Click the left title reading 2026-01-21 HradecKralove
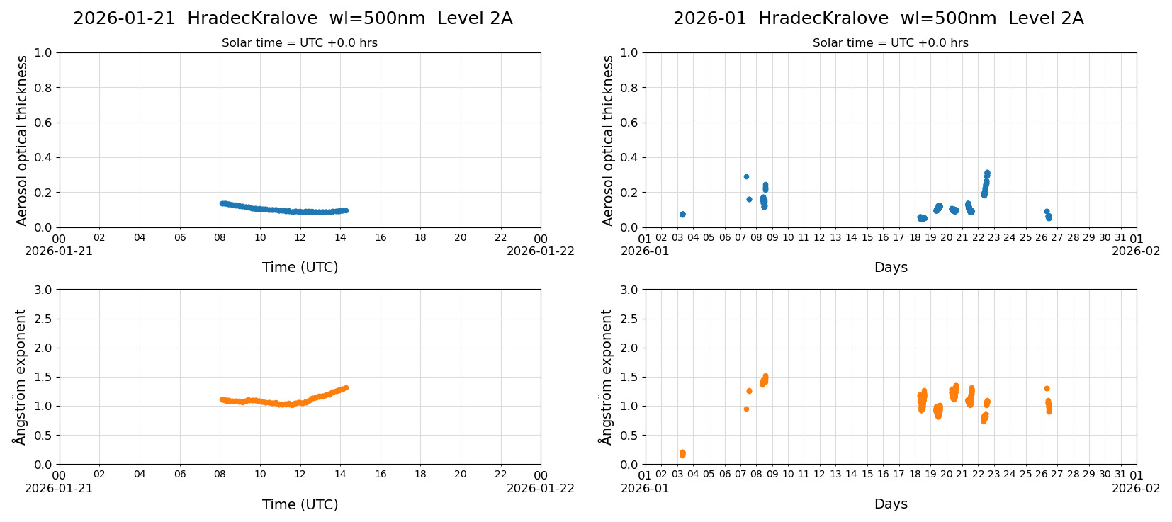click(292, 18)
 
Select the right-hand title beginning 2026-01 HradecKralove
click(878, 18)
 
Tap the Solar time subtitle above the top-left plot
click(299, 43)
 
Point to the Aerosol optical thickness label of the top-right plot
click(608, 140)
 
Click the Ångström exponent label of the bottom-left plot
click(20, 377)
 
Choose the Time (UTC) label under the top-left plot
click(300, 267)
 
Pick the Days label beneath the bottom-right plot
click(891, 504)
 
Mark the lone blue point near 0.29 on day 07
click(746, 176)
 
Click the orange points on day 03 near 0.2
click(682, 454)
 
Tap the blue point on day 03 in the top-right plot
click(682, 214)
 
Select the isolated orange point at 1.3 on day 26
click(1047, 388)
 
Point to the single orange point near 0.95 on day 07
click(746, 409)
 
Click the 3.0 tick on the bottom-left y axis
click(43, 290)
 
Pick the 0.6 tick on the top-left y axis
click(43, 123)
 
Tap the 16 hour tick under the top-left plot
click(381, 238)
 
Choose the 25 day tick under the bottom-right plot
click(1025, 475)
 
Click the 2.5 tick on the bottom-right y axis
click(629, 319)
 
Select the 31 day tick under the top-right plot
click(1120, 238)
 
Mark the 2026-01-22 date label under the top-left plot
click(540, 251)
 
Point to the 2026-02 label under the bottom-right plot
click(1136, 488)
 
